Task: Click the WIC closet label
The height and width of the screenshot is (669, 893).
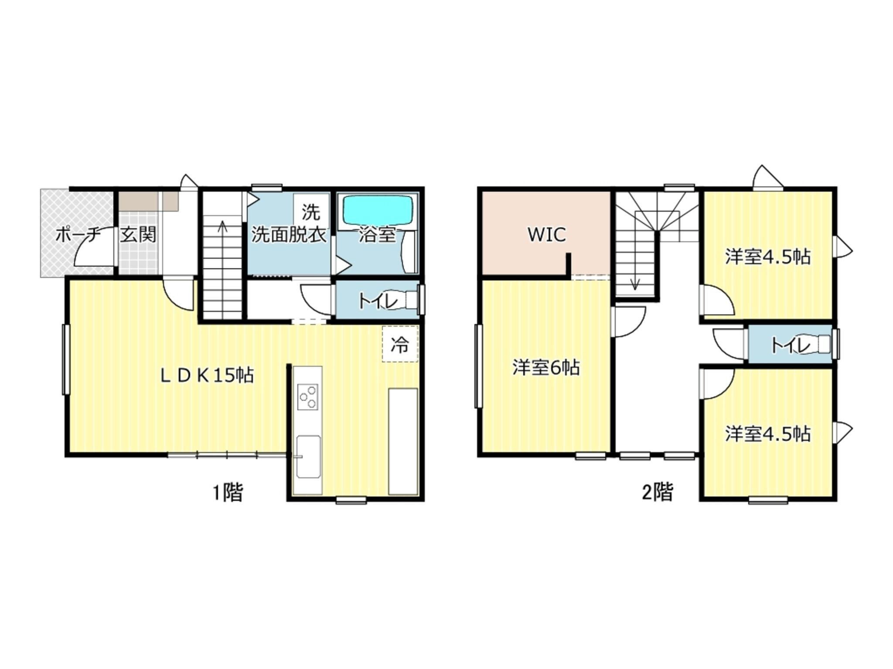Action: click(547, 234)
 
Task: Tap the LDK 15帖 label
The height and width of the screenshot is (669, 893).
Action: click(207, 375)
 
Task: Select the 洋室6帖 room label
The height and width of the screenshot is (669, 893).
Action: click(546, 368)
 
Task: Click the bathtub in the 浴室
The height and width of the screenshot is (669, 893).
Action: click(378, 210)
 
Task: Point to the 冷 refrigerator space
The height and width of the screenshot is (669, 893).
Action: click(400, 344)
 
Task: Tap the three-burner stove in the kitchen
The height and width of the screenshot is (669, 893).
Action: click(307, 396)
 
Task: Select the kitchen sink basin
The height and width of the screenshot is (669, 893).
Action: click(308, 457)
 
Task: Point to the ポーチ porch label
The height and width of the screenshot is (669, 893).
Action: click(78, 235)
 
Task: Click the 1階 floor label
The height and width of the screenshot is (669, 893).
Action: click(228, 493)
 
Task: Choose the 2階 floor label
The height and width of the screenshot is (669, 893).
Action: click(658, 492)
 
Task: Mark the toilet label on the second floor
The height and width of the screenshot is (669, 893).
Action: click(791, 345)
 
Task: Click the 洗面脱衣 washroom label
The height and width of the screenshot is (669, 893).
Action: click(289, 235)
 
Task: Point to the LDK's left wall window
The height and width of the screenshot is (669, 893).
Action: click(66, 360)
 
